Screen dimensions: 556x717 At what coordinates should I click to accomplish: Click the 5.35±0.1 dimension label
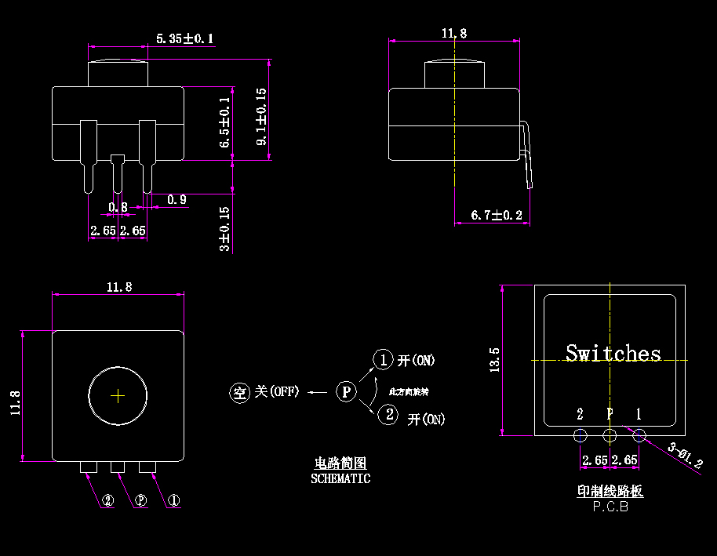coord(185,38)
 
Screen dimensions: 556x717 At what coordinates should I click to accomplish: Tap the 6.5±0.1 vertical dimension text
coord(224,123)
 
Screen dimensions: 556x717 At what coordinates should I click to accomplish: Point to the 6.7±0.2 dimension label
coord(496,215)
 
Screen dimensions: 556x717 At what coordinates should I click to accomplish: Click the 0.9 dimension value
coord(177,200)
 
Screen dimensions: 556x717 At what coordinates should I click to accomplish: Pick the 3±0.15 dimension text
coord(225,229)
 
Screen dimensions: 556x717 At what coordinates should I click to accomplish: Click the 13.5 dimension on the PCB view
coord(494,360)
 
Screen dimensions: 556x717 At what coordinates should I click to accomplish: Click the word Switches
coord(613,354)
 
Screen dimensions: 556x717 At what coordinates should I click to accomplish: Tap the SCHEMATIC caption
coord(340,478)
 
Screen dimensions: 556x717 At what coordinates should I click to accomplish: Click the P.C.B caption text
coord(610,507)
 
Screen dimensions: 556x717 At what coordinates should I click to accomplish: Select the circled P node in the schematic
coord(346,391)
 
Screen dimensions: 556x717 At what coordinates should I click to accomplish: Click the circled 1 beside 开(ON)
coord(382,359)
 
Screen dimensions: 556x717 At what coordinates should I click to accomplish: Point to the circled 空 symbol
coord(239,392)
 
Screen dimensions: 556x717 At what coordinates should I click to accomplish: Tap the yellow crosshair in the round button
coord(118,396)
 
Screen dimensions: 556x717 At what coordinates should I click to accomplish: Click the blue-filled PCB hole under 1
coord(639,435)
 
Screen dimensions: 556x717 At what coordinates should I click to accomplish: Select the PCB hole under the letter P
coord(610,435)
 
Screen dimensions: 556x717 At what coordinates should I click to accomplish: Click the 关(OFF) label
coord(277,391)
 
